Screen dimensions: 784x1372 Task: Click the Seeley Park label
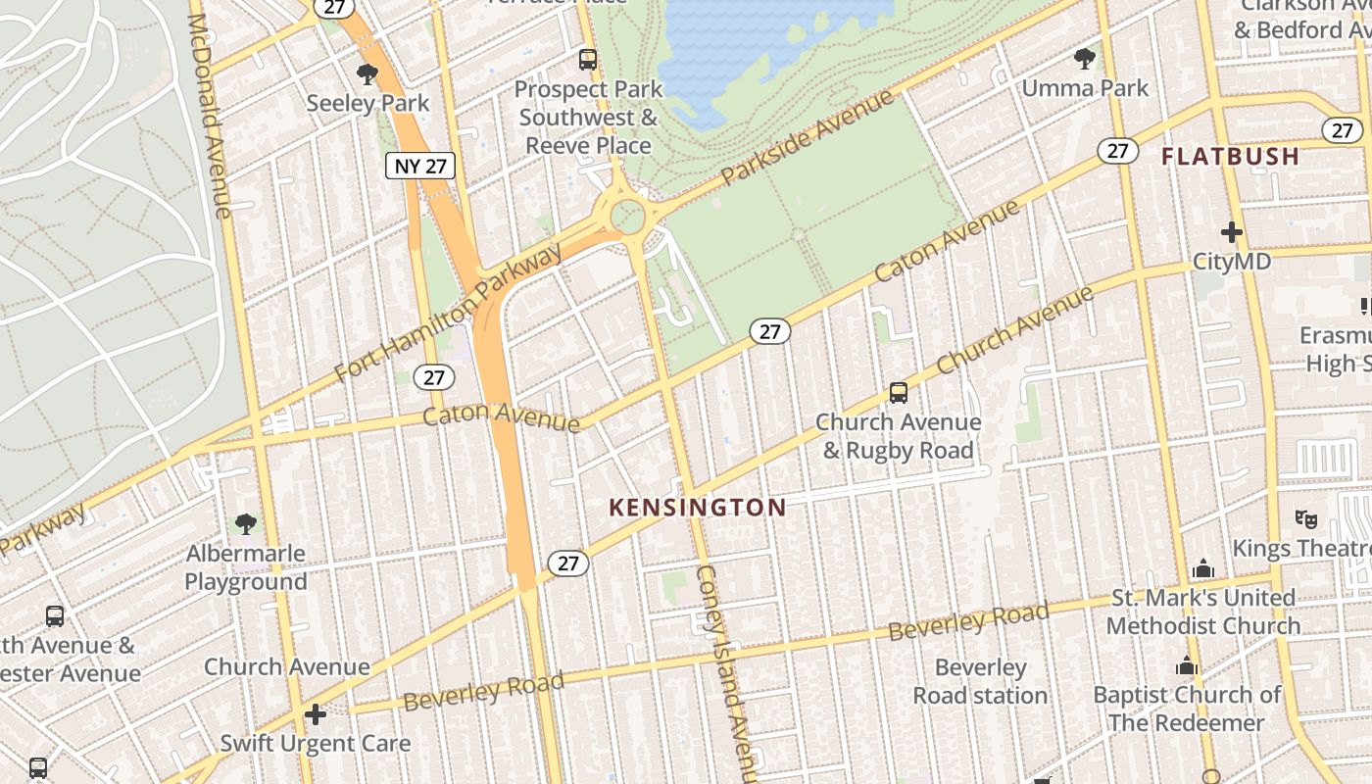[367, 103]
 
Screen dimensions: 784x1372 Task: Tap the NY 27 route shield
[420, 166]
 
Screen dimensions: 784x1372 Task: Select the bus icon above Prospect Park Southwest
[588, 60]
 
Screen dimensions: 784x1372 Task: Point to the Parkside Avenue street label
[808, 136]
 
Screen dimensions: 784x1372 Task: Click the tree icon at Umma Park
[1084, 59]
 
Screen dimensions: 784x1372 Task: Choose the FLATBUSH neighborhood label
[1230, 156]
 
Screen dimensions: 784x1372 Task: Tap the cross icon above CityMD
[1232, 232]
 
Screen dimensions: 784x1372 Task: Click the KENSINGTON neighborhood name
[697, 508]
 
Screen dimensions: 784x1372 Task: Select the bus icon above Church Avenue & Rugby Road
[898, 393]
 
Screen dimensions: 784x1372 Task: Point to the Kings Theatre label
[1300, 548]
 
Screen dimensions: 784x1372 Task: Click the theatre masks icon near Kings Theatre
[1304, 518]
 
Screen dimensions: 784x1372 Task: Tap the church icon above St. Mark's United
[1203, 569]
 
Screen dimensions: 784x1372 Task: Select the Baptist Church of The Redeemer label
[1187, 709]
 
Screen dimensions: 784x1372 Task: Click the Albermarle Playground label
[246, 567]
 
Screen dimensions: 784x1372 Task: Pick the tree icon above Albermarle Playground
[246, 524]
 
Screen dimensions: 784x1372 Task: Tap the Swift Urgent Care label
[315, 744]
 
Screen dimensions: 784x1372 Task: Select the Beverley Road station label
[980, 681]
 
